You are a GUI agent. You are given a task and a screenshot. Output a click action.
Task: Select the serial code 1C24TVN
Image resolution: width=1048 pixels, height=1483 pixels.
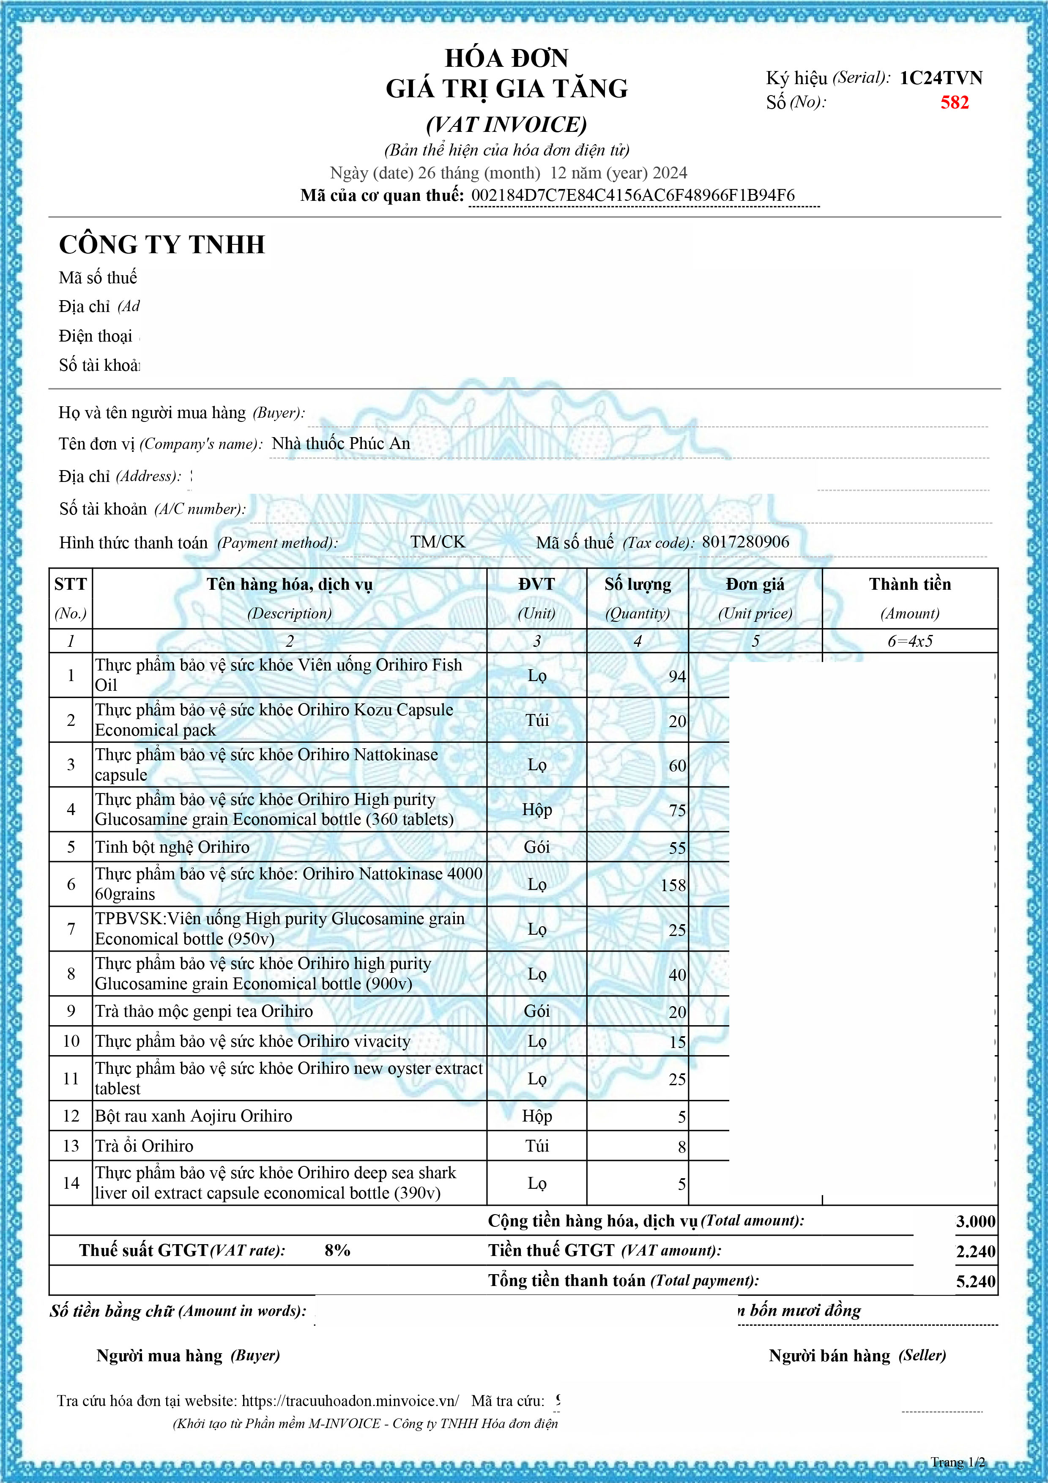click(941, 78)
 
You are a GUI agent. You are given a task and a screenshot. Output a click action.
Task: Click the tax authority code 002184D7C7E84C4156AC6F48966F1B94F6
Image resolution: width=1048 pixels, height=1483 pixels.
click(633, 195)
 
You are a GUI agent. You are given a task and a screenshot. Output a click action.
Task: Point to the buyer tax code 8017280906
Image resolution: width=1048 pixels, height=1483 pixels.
click(745, 542)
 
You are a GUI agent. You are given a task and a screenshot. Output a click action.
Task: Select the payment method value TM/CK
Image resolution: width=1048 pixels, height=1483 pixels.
click(438, 542)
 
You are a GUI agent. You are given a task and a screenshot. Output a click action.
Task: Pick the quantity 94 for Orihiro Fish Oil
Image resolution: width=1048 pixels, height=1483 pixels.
click(677, 676)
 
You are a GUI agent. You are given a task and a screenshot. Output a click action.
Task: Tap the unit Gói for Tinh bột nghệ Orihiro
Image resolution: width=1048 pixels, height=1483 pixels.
click(536, 848)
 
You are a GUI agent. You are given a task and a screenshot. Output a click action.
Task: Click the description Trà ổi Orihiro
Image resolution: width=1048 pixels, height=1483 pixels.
click(144, 1146)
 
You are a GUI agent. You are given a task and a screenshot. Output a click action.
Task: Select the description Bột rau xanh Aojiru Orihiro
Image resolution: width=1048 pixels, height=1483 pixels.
click(194, 1116)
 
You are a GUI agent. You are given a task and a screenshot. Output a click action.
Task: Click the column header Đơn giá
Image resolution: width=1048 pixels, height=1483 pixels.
click(755, 585)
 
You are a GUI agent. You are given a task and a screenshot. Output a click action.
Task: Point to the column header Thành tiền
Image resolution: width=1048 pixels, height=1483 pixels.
click(910, 585)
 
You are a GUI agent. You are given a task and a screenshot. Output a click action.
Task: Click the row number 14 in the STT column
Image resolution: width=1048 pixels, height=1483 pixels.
click(71, 1183)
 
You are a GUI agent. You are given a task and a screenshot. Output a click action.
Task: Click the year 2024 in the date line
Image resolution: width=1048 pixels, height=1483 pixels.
click(670, 173)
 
